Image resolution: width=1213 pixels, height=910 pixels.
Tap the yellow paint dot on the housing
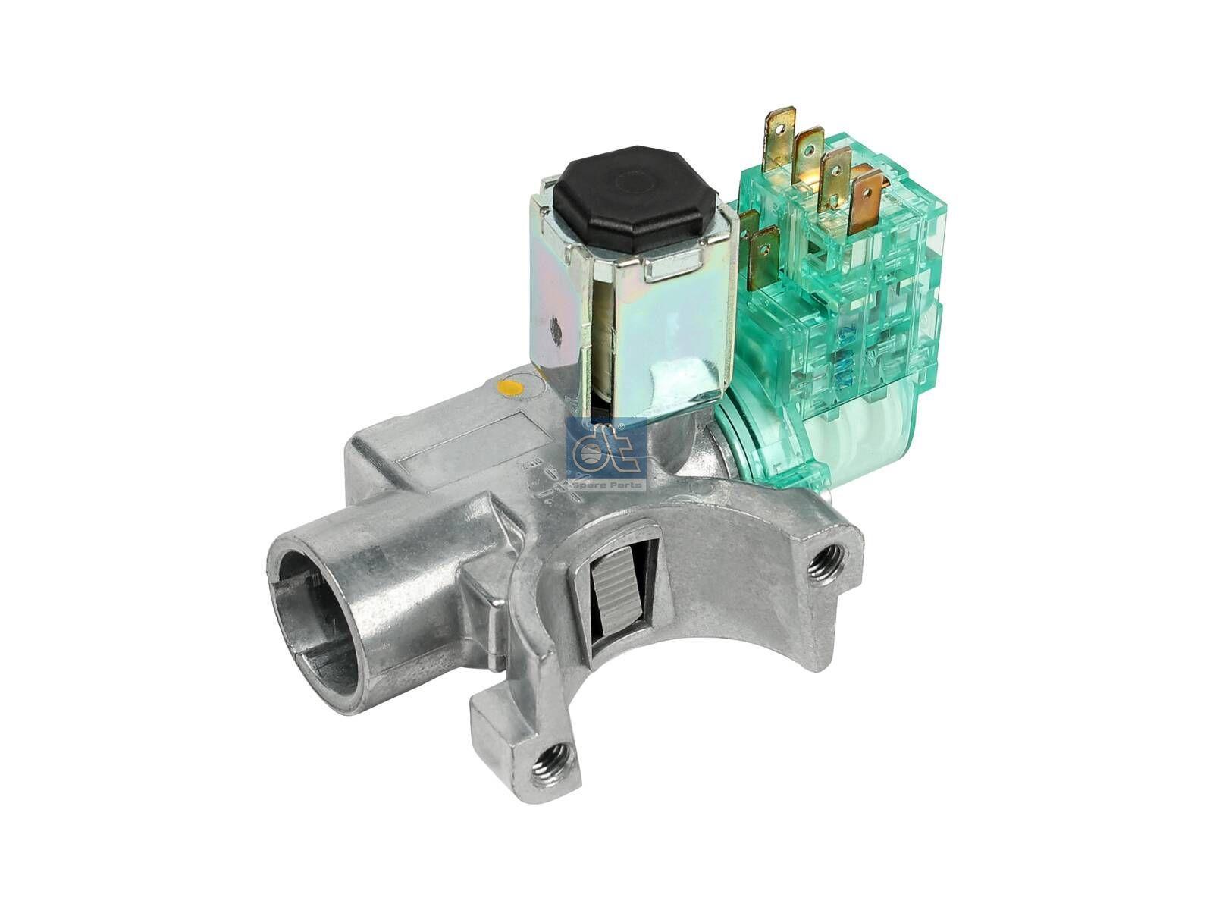pyautogui.click(x=513, y=390)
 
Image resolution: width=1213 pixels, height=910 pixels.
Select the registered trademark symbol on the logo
pyautogui.click(x=621, y=430)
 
